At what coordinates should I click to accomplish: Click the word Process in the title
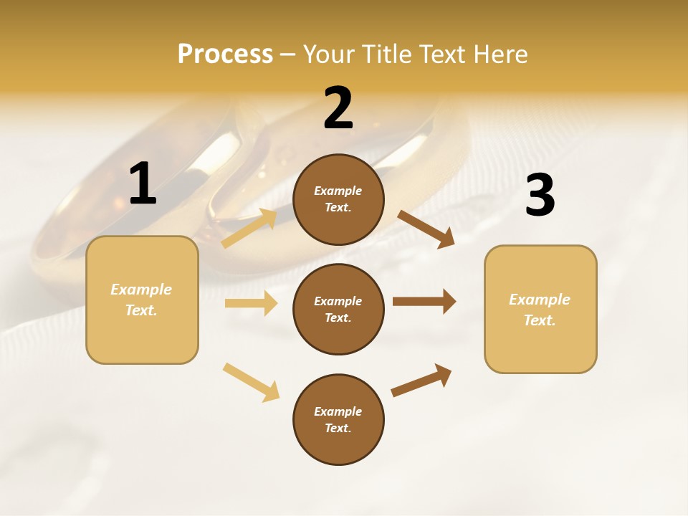click(x=225, y=54)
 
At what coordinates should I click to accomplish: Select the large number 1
click(x=143, y=183)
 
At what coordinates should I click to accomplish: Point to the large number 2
click(x=338, y=108)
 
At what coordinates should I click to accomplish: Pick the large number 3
click(x=540, y=195)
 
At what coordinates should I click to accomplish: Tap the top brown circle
click(x=338, y=199)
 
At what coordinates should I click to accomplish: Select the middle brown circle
click(x=338, y=309)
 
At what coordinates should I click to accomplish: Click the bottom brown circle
click(x=338, y=419)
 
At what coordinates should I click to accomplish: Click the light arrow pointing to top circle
click(x=249, y=229)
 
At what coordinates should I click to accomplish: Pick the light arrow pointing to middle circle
click(x=251, y=303)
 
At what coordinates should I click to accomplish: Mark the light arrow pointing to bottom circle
click(x=251, y=382)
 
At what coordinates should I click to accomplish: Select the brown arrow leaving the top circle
click(x=426, y=229)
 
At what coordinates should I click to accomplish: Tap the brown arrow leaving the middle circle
click(x=424, y=302)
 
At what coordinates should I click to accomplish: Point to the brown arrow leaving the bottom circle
click(x=421, y=379)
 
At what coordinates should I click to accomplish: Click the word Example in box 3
click(x=540, y=300)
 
